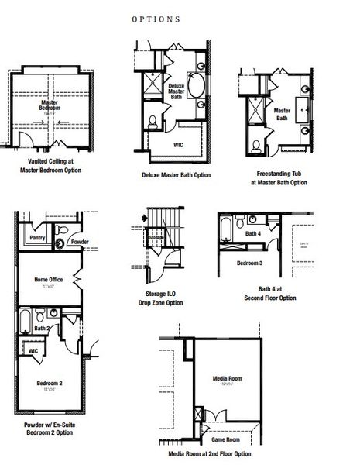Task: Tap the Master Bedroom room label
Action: [x=53, y=105]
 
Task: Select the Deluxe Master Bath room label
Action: [x=177, y=92]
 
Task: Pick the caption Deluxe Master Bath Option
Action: [x=176, y=175]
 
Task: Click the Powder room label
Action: [x=81, y=243]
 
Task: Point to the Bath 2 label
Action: [x=43, y=329]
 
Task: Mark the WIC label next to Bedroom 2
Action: [x=33, y=350]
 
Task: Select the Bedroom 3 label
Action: [x=249, y=263]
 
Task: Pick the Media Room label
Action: [x=228, y=379]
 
